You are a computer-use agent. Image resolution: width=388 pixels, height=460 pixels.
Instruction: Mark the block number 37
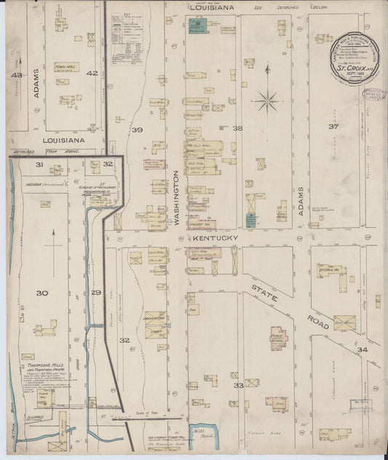[333, 127]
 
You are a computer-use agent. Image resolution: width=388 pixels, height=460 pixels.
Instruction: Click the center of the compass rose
[267, 98]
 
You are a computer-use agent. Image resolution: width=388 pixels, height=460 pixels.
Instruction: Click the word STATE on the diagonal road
[262, 277]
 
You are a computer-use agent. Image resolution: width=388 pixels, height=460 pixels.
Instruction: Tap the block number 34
[363, 351]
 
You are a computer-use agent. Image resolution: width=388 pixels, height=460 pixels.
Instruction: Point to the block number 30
[41, 293]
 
